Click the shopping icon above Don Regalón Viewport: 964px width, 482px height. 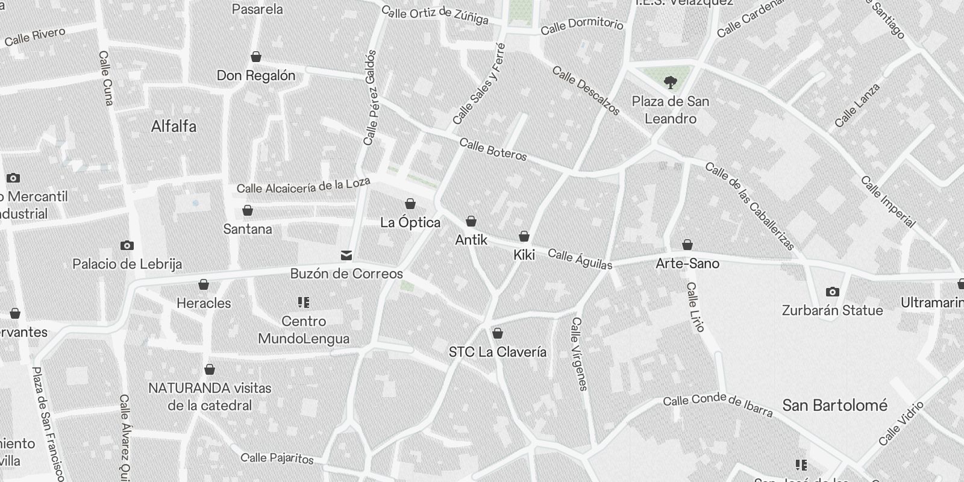point(256,57)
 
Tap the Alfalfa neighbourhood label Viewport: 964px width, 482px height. point(174,127)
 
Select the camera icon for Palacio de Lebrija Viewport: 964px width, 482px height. point(127,245)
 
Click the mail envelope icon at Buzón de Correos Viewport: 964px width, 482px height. point(346,255)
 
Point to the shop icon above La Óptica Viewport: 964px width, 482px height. point(410,204)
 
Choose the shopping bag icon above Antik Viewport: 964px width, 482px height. point(471,221)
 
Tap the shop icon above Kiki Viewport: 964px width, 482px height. point(524,236)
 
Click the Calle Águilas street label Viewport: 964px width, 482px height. point(580,260)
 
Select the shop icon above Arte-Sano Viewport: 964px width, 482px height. point(687,245)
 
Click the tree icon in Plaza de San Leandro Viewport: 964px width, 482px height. point(670,82)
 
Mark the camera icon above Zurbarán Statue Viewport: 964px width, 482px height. point(832,292)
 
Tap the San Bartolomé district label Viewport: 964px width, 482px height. point(834,405)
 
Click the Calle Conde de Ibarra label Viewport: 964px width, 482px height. point(717,405)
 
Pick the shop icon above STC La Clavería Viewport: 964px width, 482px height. point(498,333)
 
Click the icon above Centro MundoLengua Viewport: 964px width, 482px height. point(304,302)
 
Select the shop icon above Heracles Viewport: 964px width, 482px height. point(204,284)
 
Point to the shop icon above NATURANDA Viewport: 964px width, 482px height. point(210,369)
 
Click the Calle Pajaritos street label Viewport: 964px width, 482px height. point(277,459)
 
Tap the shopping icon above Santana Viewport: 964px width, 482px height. point(247,210)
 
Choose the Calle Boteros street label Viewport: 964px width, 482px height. point(493,149)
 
